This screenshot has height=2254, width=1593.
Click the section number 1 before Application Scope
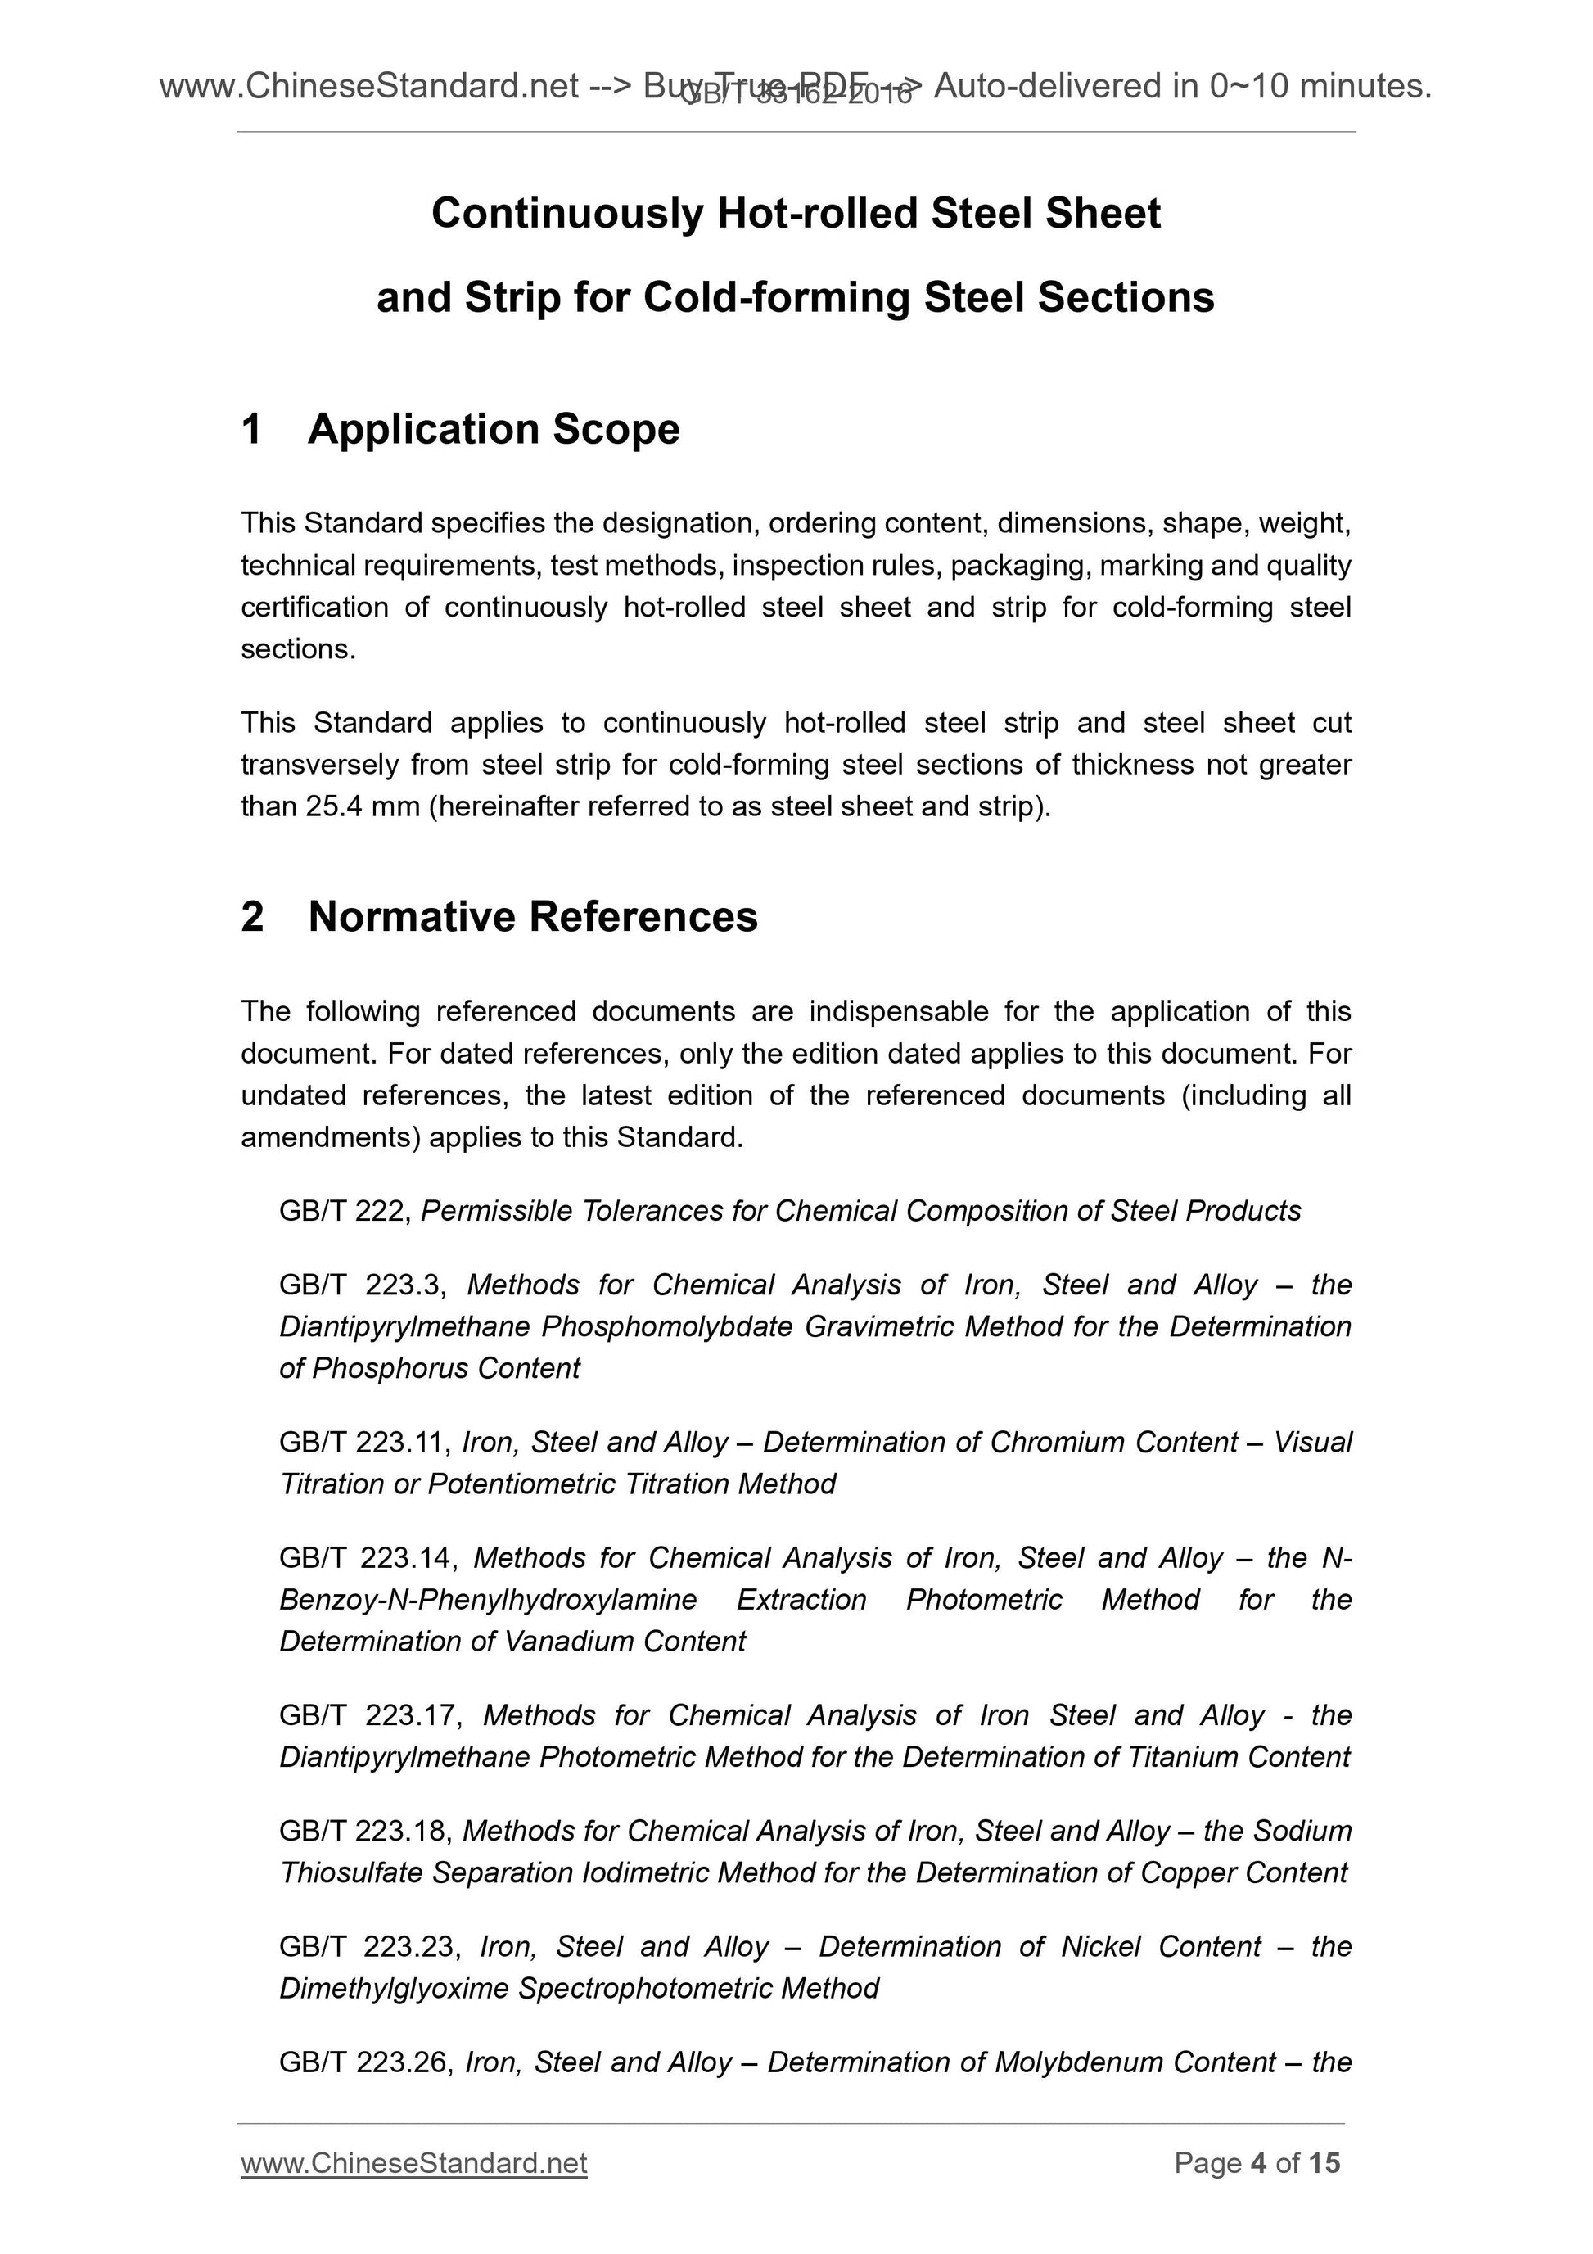[x=251, y=430]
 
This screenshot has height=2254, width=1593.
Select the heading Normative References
[x=532, y=917]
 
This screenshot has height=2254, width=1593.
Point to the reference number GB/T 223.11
[x=364, y=1442]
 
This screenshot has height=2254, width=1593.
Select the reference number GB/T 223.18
[x=364, y=1831]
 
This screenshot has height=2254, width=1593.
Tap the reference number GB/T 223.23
[x=366, y=1947]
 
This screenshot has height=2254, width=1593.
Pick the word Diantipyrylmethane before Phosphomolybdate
[x=404, y=1327]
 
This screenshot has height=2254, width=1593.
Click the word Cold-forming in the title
[x=776, y=297]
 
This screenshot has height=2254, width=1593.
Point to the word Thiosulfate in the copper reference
[x=350, y=1873]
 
